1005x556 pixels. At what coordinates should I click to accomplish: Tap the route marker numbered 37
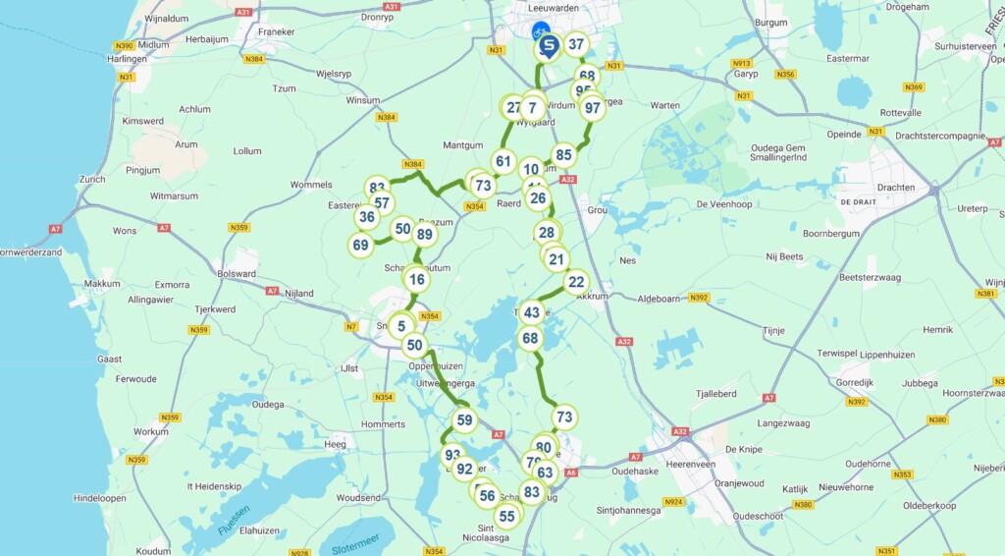click(x=576, y=44)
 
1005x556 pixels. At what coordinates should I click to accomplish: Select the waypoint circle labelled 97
click(x=592, y=108)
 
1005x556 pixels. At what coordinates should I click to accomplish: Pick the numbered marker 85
click(x=563, y=154)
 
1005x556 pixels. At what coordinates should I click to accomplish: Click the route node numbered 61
click(x=503, y=162)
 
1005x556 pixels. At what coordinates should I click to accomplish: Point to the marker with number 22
click(x=576, y=281)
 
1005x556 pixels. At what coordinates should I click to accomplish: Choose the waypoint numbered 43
click(x=531, y=313)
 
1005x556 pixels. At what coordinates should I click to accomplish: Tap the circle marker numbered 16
click(x=417, y=280)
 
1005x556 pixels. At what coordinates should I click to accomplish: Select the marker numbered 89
click(x=424, y=234)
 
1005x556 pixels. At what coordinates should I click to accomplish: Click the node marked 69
click(x=361, y=245)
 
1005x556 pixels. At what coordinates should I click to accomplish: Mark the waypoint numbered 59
click(x=464, y=420)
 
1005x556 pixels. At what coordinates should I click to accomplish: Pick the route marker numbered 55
click(x=506, y=516)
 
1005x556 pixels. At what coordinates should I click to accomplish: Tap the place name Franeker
click(x=276, y=31)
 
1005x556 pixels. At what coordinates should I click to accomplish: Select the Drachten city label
click(x=895, y=188)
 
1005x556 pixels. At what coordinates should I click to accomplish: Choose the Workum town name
click(x=151, y=431)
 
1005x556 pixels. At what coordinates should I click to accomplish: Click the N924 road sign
click(x=673, y=502)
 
